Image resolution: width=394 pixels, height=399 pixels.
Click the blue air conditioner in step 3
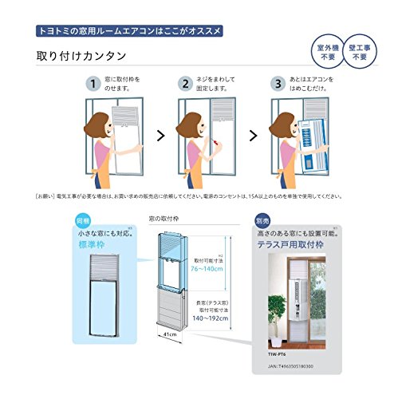click(x=314, y=144)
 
